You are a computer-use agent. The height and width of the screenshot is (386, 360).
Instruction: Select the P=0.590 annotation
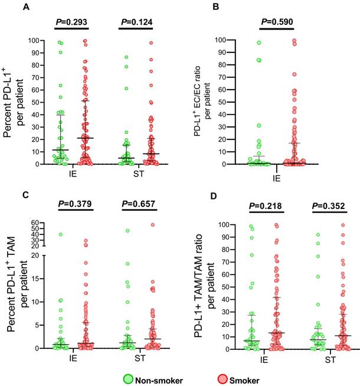click(x=276, y=22)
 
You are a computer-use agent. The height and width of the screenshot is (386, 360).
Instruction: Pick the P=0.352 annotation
click(x=327, y=206)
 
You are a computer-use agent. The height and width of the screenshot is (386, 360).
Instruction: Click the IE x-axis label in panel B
click(x=275, y=175)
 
